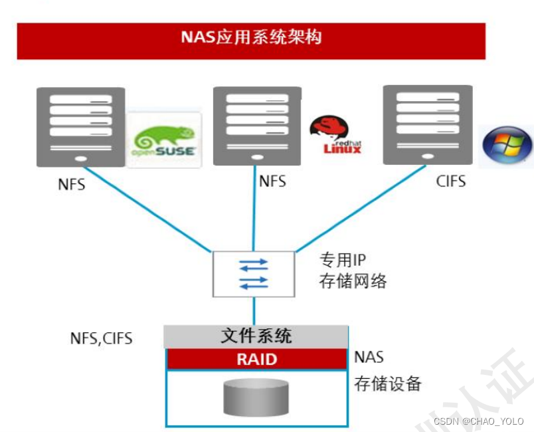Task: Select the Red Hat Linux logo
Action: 336,136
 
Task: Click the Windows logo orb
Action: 507,145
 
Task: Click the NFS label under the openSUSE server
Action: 71,184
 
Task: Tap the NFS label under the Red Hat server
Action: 272,181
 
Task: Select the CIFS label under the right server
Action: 450,181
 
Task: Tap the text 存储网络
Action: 353,280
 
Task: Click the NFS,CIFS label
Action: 101,338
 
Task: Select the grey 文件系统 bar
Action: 256,336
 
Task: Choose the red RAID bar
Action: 256,360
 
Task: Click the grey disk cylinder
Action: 256,397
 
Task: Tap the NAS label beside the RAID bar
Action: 369,358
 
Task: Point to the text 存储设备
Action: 388,383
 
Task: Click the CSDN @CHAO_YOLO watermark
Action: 478,421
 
